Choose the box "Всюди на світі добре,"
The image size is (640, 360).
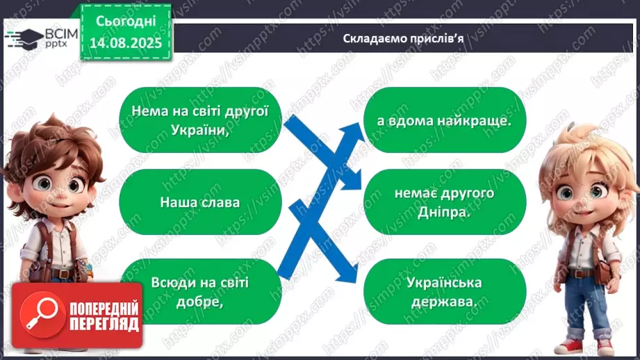[x=200, y=291]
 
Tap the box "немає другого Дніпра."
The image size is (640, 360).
[x=445, y=203]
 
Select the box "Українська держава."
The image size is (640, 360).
[x=445, y=291]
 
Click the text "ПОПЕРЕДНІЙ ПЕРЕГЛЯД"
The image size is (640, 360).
[x=104, y=317]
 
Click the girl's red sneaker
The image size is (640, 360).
[x=570, y=347]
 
